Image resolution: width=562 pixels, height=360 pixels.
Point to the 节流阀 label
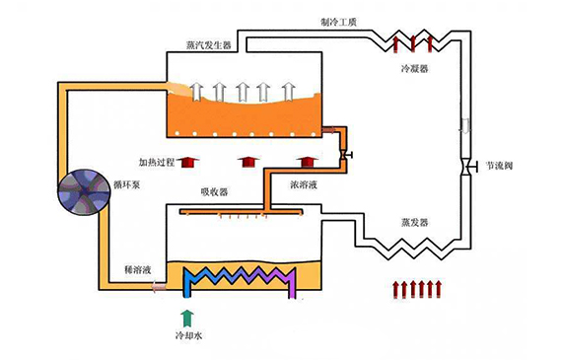point(500,165)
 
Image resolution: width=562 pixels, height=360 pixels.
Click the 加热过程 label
point(157,161)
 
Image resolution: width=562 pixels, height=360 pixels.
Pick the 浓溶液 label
point(302,183)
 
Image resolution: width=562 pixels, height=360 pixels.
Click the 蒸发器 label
point(414,222)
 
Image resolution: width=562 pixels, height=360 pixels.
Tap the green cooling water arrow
point(187,316)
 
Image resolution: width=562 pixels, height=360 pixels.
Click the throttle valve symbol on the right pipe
point(466,166)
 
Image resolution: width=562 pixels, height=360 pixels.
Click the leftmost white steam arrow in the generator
point(196,92)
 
